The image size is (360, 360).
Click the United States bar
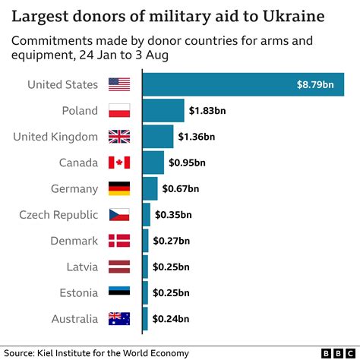243,84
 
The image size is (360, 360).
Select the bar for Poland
163,111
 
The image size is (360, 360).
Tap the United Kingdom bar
158,137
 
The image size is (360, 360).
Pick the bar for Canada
153,163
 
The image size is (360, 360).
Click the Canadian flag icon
119,163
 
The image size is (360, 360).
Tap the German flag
119,188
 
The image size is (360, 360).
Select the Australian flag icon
119,318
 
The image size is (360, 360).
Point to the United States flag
119,84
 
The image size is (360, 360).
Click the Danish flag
119,241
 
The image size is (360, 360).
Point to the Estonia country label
76,292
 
